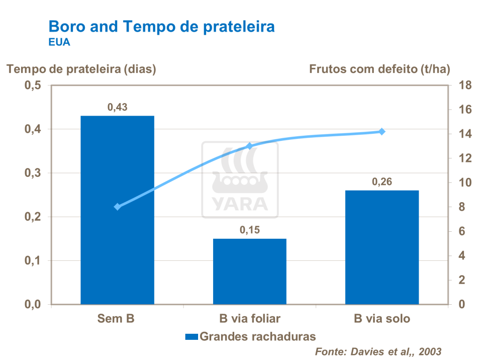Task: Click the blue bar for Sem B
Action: [x=117, y=211]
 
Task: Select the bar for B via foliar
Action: [x=250, y=272]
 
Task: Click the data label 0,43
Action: [x=118, y=107]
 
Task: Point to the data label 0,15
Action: [x=250, y=230]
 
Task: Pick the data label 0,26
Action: [x=382, y=182]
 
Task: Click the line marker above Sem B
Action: [x=118, y=207]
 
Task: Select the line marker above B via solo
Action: [x=382, y=132]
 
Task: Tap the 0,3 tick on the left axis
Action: [x=32, y=173]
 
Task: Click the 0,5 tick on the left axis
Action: [x=32, y=86]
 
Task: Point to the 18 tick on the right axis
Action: [x=458, y=86]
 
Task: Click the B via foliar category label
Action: [x=250, y=319]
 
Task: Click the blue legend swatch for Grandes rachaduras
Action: [x=192, y=337]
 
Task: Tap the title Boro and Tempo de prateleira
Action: [x=162, y=26]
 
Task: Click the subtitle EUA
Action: [x=59, y=43]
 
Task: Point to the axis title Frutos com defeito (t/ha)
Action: [x=379, y=69]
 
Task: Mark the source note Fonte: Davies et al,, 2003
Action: [x=378, y=351]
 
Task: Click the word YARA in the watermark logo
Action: [x=240, y=204]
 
